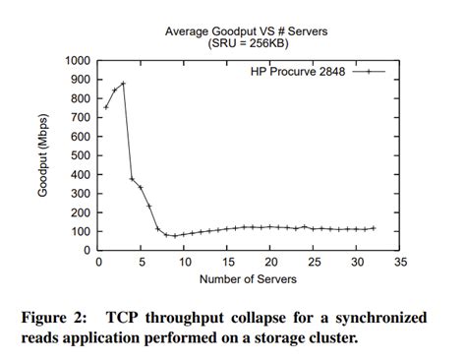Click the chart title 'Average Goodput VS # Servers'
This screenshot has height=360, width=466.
coord(246,31)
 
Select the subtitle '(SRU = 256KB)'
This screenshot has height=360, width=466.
coord(246,44)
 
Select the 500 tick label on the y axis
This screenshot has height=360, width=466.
coord(79,154)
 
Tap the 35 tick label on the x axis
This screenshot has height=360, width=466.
coord(400,263)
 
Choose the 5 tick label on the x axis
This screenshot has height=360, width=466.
coord(141,263)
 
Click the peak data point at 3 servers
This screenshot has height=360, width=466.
coord(123,84)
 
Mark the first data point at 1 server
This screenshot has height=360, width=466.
coord(106,106)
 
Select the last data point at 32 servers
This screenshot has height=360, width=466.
coord(374,228)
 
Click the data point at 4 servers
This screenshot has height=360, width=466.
coord(132,179)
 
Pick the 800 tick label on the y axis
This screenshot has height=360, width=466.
coord(79,98)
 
